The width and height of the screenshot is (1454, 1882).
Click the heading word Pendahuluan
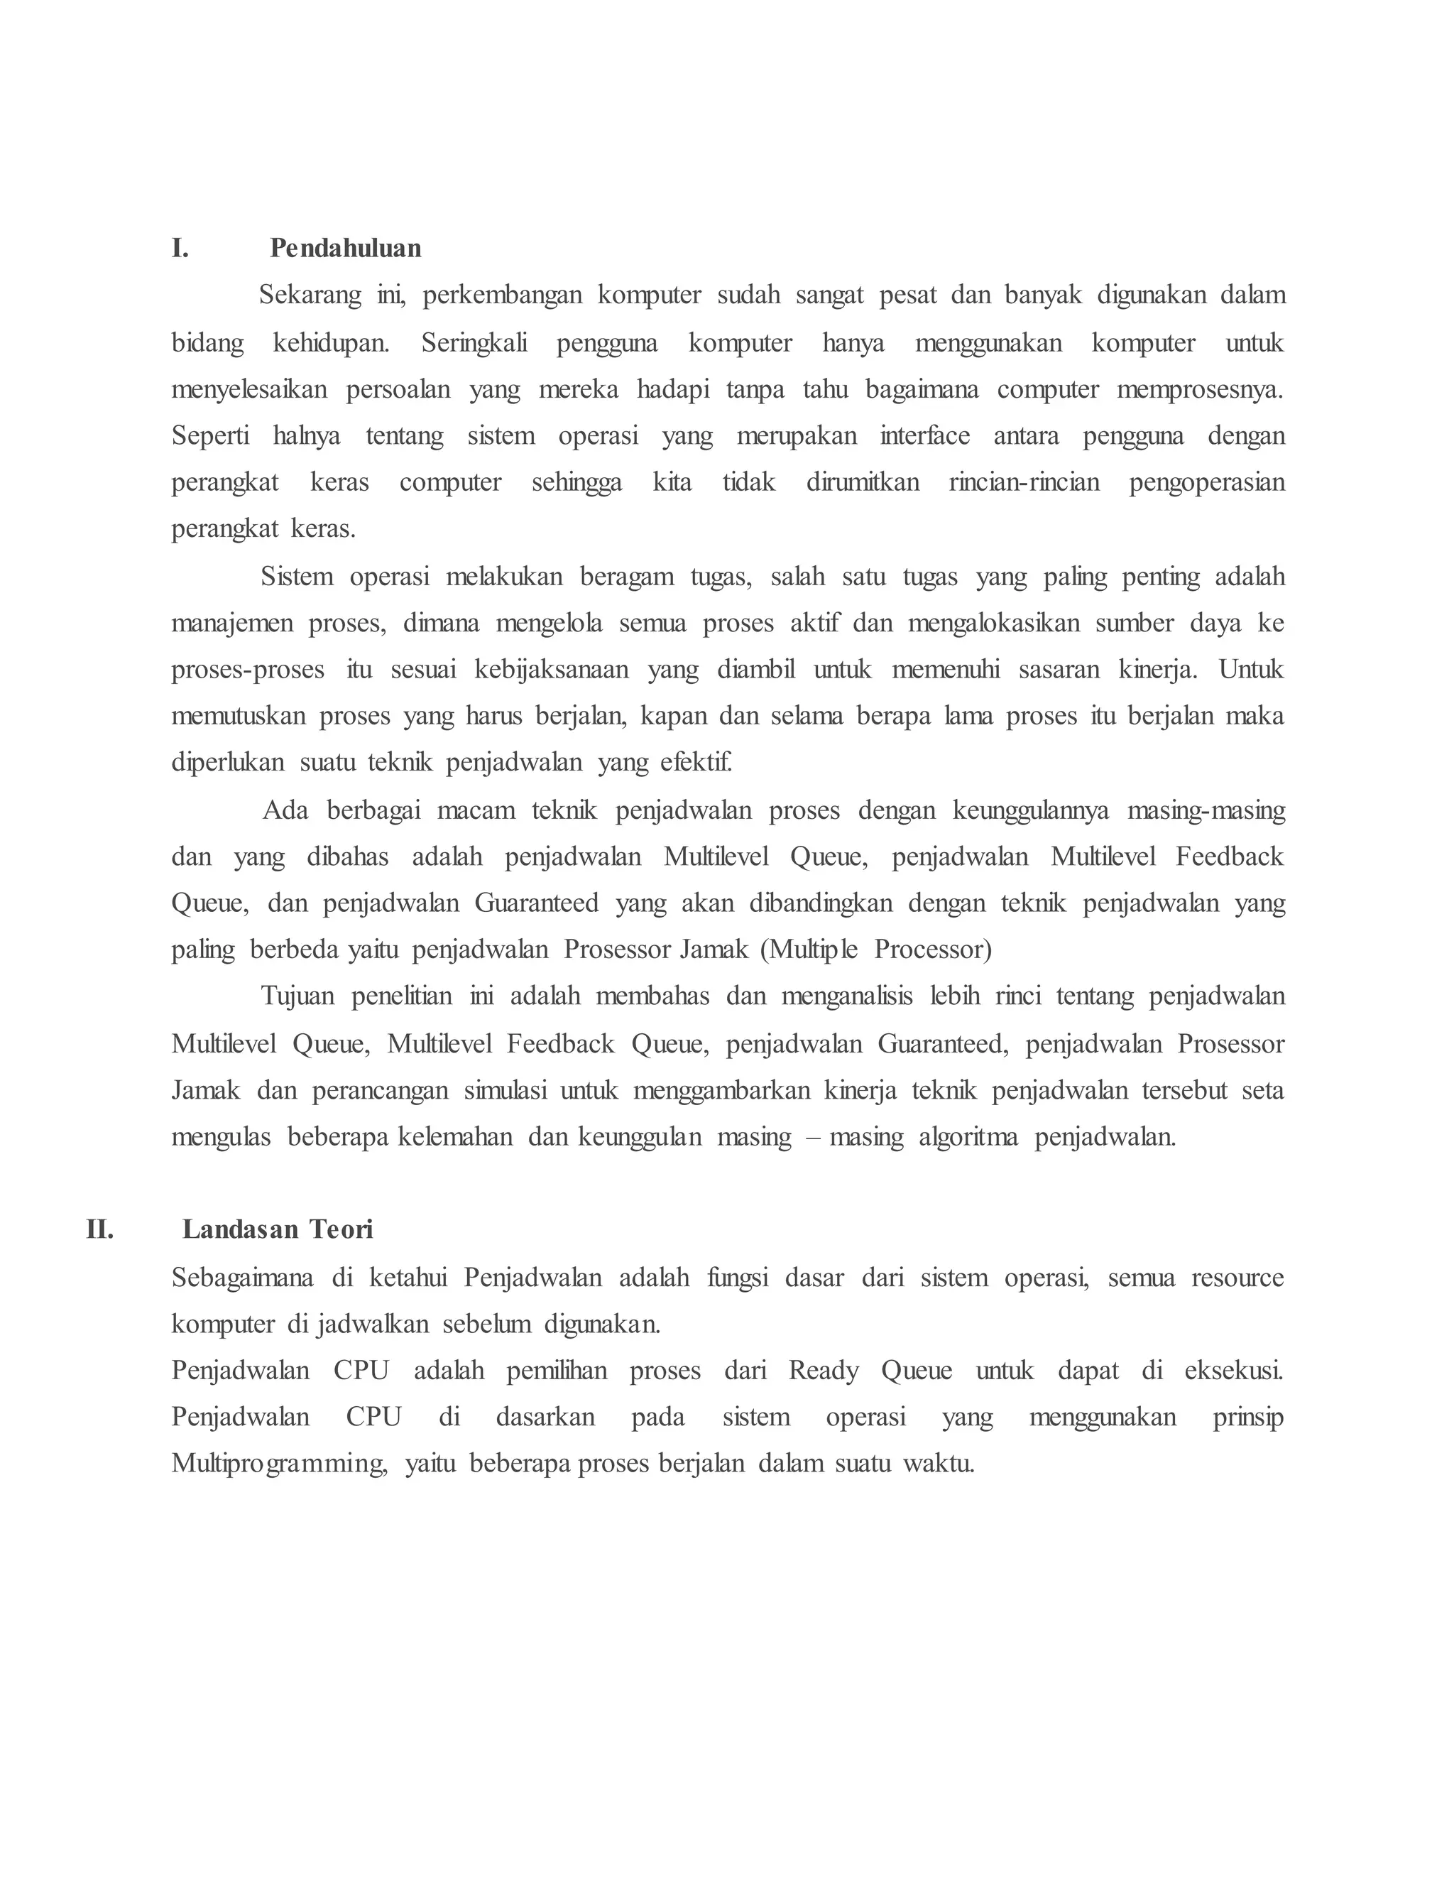click(x=346, y=248)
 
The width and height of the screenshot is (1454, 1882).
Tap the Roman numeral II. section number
click(x=100, y=1229)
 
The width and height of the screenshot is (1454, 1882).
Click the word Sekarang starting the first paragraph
click(x=310, y=295)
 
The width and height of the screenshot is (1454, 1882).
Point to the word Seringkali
click(x=474, y=343)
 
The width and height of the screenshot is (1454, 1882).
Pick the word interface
click(x=924, y=436)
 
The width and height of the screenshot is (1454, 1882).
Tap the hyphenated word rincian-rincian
click(x=1024, y=482)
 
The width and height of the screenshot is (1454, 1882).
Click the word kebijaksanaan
click(x=551, y=670)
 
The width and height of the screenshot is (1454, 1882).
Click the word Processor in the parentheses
click(x=933, y=950)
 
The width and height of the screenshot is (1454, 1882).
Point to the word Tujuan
click(x=297, y=997)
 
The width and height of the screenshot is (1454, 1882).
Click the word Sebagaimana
click(x=242, y=1277)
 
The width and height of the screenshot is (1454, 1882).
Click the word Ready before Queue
click(x=824, y=1371)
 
